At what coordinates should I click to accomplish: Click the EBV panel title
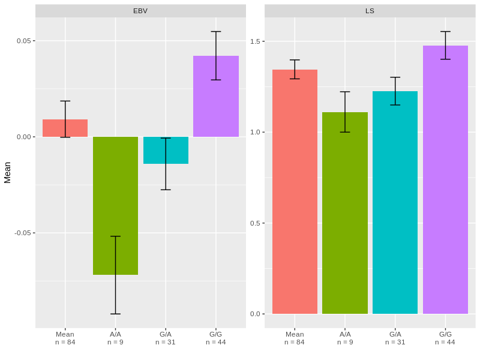(x=140, y=11)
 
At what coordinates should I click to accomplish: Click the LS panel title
(x=370, y=11)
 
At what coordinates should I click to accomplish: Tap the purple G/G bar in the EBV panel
(x=216, y=96)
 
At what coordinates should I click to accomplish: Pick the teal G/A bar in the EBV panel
(x=166, y=150)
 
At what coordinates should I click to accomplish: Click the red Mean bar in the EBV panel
(x=65, y=128)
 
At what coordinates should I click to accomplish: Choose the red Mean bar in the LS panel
(x=295, y=192)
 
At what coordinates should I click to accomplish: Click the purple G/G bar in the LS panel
(x=445, y=180)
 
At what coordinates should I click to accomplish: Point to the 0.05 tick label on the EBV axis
(x=24, y=41)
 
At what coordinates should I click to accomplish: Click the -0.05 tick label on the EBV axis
(x=23, y=233)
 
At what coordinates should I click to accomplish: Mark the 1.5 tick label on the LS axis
(x=256, y=41)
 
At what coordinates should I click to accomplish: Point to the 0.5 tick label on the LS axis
(x=256, y=223)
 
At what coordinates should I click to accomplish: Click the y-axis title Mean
(x=8, y=172)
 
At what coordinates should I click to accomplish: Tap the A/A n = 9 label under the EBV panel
(x=115, y=338)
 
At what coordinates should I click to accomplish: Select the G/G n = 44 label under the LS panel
(x=445, y=338)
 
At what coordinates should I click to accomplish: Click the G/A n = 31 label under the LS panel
(x=395, y=338)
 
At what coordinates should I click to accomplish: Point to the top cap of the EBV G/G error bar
(x=216, y=32)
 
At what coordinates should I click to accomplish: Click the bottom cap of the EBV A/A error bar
(x=115, y=314)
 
